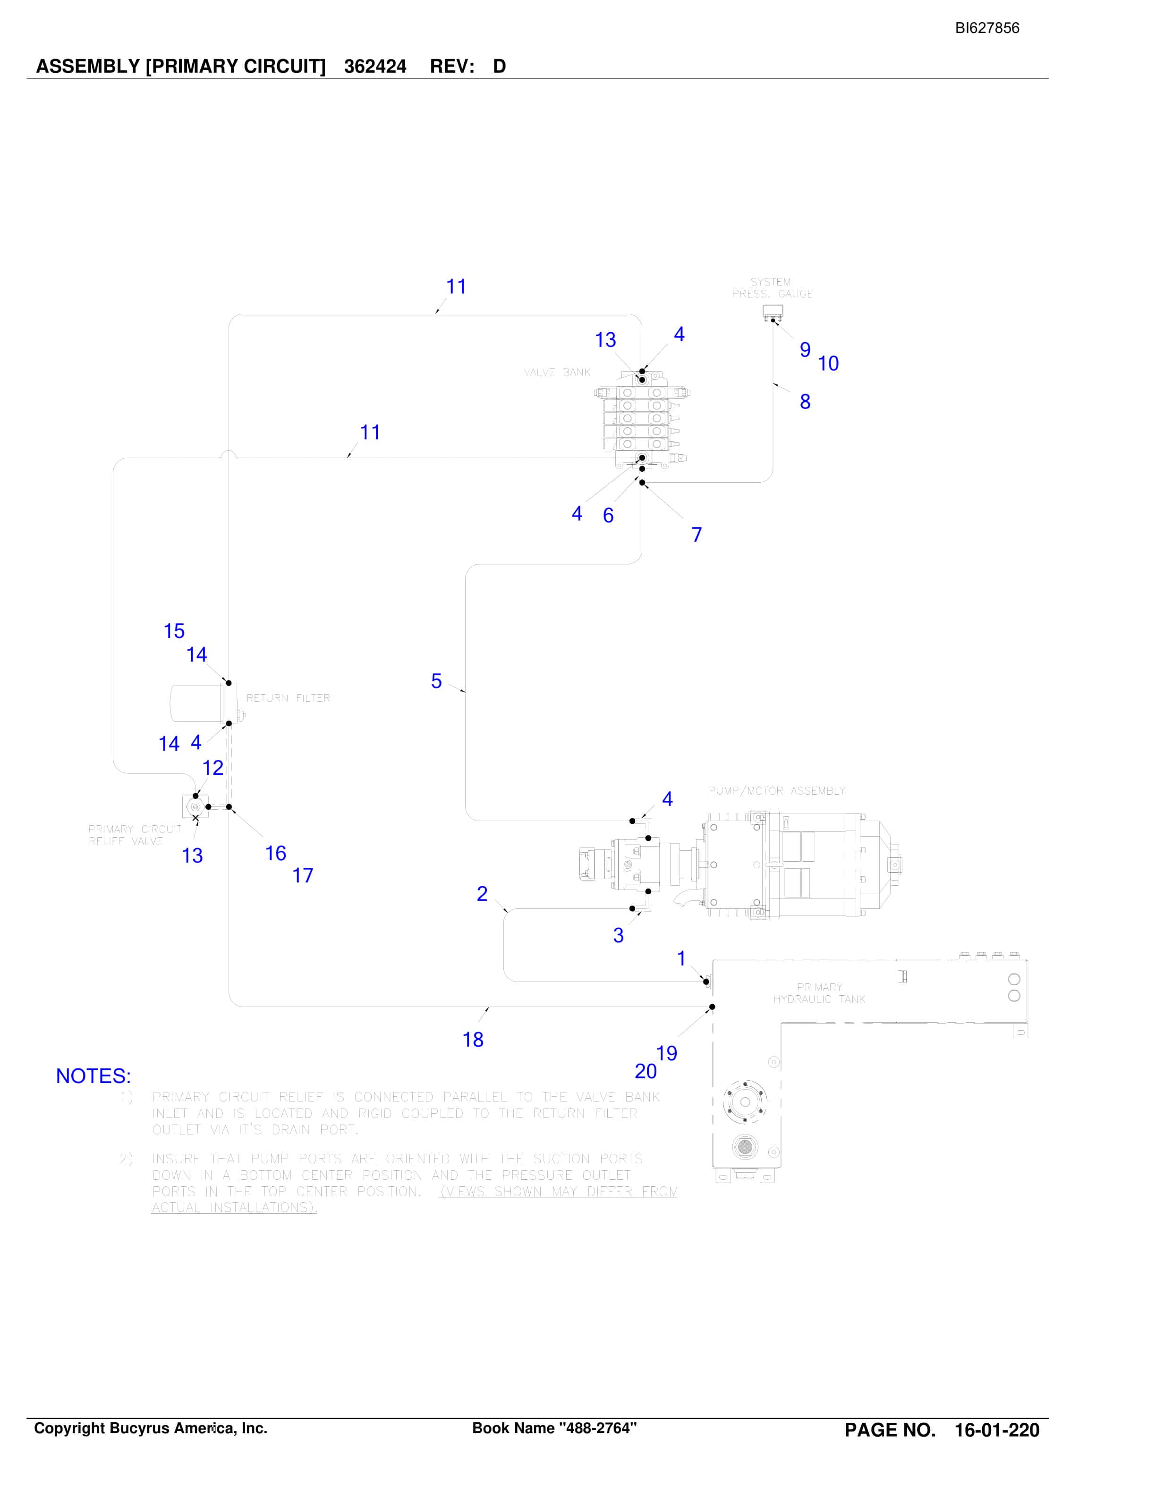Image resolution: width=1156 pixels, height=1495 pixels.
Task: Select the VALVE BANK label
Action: point(557,372)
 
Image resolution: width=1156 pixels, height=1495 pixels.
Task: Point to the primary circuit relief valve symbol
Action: point(195,806)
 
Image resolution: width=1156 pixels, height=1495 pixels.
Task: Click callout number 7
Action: point(697,535)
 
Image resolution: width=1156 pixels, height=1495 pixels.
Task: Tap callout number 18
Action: point(473,1040)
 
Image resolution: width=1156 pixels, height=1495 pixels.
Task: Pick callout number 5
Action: point(436,681)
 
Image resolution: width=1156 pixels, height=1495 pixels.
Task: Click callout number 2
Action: point(482,894)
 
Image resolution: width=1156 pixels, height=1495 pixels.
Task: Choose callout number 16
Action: point(275,854)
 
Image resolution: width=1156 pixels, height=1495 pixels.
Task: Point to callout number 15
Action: point(174,631)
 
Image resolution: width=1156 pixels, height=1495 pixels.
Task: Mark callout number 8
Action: point(805,402)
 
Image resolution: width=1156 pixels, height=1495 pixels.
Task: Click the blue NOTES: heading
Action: point(93,1076)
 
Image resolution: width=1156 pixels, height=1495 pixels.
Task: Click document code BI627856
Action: point(987,28)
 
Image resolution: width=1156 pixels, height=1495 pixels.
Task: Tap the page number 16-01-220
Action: point(997,1430)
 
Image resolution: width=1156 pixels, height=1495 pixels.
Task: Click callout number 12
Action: point(212,768)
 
